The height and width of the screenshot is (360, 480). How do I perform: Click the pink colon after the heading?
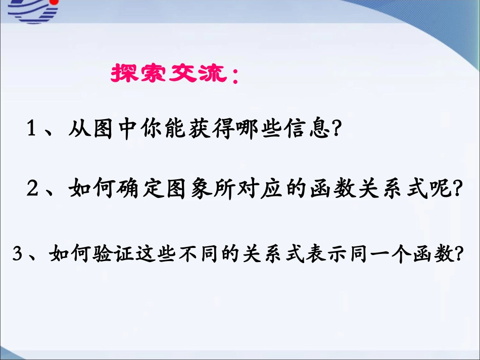235,76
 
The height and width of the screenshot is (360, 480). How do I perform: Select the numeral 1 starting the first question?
31,128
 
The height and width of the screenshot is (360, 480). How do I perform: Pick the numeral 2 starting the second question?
32,188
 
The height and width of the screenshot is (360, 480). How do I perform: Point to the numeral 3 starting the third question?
17,253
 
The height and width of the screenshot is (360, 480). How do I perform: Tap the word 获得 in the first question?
212,128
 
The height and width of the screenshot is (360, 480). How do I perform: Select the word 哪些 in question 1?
260,128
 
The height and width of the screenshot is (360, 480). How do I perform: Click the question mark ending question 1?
336,128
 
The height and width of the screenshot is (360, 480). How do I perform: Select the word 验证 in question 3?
113,253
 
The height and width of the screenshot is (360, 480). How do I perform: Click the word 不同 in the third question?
199,253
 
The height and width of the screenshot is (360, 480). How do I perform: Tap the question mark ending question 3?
458,253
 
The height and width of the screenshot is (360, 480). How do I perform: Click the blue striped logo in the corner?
33,11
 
